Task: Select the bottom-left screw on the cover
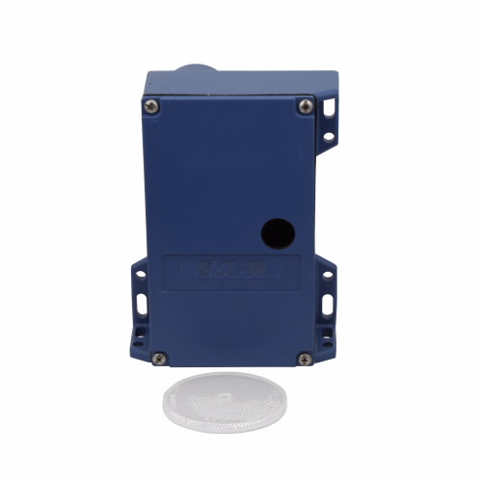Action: pos(160,358)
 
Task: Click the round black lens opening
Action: pos(278,230)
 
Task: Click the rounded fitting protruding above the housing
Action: pos(196,73)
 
